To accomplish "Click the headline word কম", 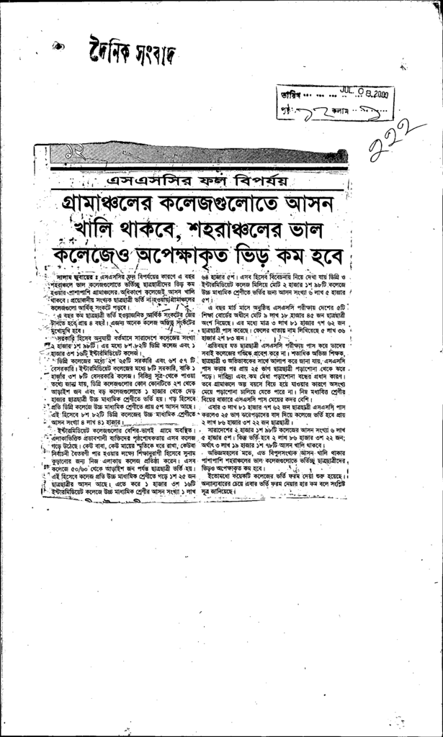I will pos(295,257).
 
